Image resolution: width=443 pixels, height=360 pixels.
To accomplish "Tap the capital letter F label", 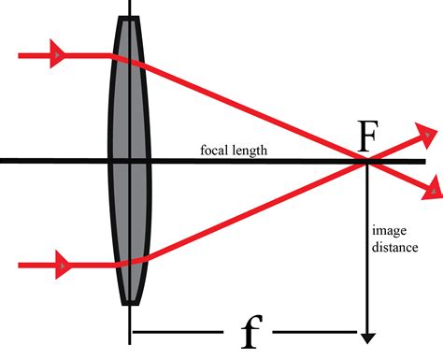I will pos(370,140).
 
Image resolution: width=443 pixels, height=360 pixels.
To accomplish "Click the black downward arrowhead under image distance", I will pos(369,334).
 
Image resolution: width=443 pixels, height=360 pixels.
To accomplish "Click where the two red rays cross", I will pos(367,162).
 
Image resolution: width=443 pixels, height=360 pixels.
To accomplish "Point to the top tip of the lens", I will pos(129,18).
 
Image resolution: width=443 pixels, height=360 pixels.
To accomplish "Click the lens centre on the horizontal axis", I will pos(129,162).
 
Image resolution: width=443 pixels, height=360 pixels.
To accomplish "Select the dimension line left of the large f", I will pos(178,333).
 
